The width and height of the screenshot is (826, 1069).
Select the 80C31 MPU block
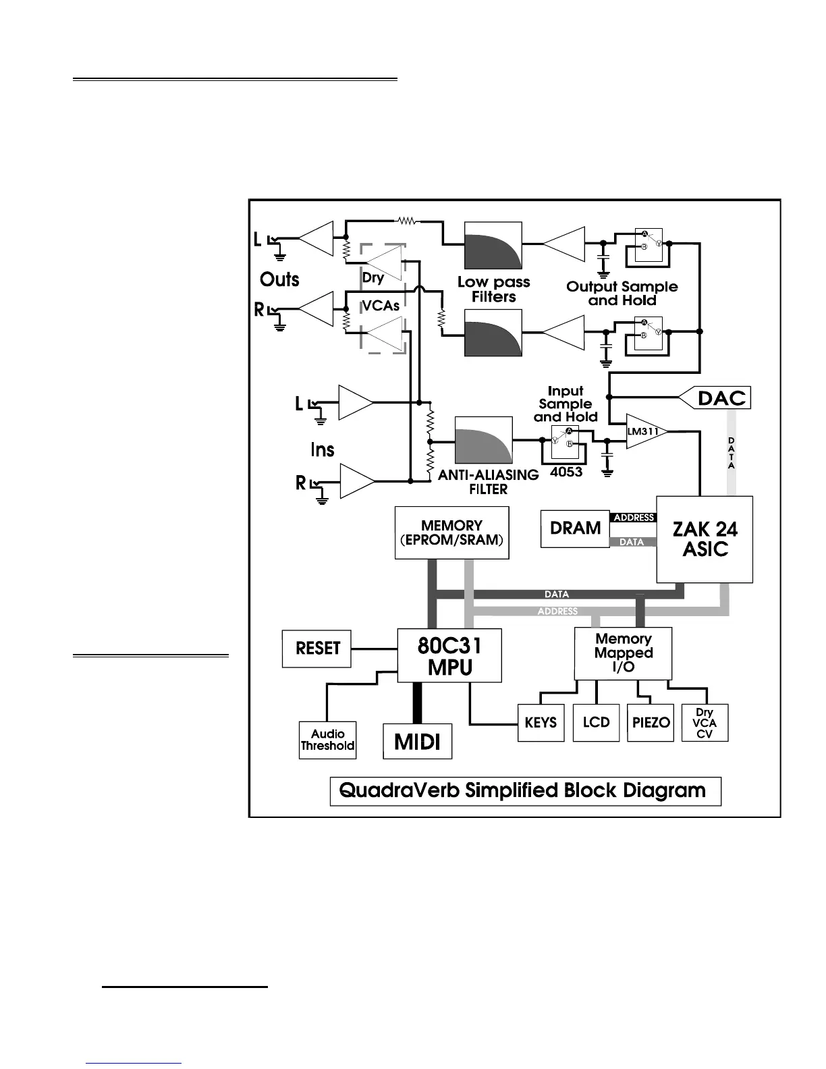[x=449, y=656]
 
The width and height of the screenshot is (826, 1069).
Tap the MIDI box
[x=417, y=742]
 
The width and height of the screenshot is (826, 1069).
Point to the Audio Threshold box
[x=327, y=740]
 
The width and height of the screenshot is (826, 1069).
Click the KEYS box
[x=541, y=723]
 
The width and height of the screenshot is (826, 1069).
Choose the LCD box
[x=596, y=723]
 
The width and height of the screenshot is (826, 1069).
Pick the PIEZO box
[x=651, y=723]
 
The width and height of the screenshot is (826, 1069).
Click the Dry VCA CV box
[x=705, y=723]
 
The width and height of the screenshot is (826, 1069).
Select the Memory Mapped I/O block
[x=623, y=653]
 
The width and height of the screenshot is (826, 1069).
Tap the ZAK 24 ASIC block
[x=705, y=539]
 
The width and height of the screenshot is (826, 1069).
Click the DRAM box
[x=575, y=528]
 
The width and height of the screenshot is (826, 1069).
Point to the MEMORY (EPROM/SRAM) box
[x=451, y=533]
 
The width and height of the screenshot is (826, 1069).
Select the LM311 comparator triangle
[x=645, y=431]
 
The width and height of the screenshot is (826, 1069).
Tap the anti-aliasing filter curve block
[x=483, y=440]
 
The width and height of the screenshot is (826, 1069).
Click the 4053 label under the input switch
[x=566, y=472]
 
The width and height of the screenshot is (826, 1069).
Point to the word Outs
[x=279, y=279]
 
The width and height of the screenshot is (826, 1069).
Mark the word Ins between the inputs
[x=323, y=449]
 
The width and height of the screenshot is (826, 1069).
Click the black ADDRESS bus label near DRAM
[x=634, y=518]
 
